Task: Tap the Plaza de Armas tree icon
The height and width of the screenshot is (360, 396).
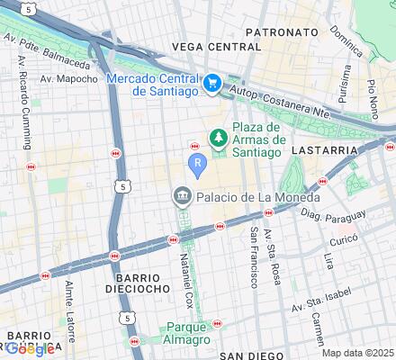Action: point(216,137)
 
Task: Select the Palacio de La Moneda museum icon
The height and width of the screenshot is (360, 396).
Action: point(183,197)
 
